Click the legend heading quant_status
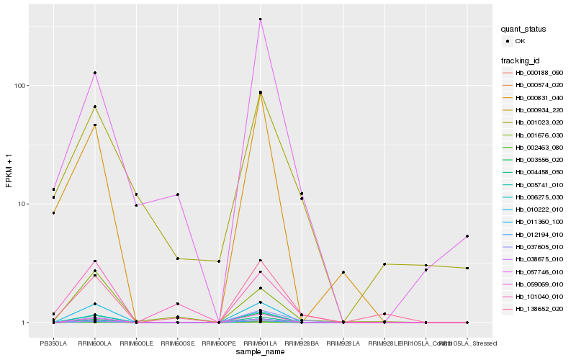point(523,30)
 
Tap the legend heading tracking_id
point(521,59)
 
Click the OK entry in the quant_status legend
point(530,42)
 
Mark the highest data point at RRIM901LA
point(260,19)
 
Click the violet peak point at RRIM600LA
point(95,73)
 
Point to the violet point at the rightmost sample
point(467,236)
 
